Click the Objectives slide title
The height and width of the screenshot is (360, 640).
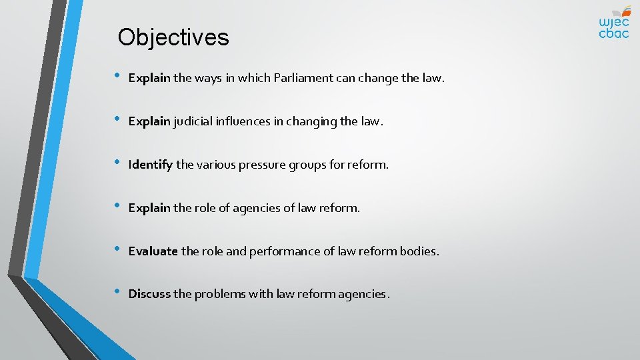point(173,37)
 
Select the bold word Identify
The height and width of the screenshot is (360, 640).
point(151,165)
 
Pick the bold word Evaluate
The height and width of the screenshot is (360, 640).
point(153,251)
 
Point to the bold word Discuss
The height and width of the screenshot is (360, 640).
point(149,294)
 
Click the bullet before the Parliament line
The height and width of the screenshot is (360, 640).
point(117,77)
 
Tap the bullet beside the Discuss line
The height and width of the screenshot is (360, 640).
point(117,293)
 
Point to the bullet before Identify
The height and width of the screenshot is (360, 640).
point(117,163)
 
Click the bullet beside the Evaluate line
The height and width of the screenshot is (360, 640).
point(117,250)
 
